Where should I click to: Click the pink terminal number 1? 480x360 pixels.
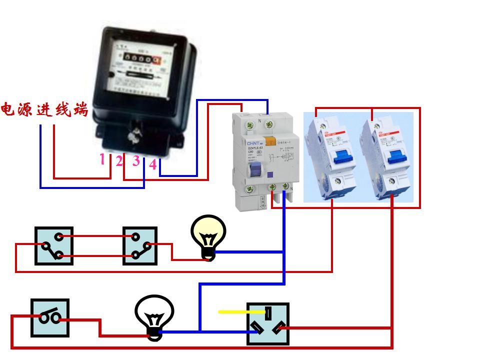click(102, 159)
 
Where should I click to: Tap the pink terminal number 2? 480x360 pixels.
click(119, 161)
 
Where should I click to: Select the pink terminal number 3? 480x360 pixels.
click(136, 161)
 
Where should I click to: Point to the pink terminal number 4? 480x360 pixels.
click(153, 164)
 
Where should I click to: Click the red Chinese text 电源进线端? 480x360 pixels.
click(44, 109)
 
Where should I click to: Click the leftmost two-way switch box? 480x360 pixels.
click(53, 245)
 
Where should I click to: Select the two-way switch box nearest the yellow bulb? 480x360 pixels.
click(140, 245)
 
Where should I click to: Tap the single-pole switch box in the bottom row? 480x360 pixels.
click(50, 317)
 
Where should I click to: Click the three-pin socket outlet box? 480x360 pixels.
click(268, 323)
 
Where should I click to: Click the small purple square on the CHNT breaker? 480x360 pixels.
click(270, 175)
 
